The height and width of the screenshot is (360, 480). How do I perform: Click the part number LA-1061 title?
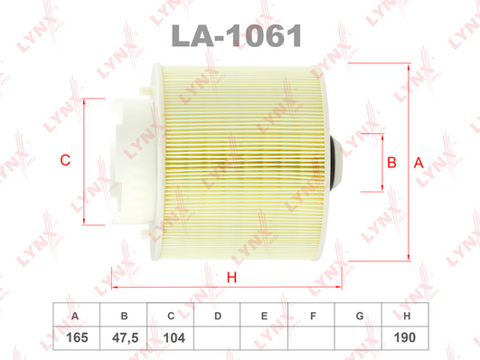point(237,36)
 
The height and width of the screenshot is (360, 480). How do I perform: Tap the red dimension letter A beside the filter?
point(419,163)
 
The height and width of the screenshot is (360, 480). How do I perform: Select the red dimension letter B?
point(391,163)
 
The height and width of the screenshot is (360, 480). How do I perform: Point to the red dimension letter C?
point(65,160)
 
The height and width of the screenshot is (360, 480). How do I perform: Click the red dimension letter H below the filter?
point(231,278)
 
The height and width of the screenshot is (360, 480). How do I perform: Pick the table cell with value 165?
point(77,338)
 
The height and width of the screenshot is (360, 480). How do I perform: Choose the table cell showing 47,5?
point(125,338)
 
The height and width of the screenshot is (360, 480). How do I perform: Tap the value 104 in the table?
point(174,338)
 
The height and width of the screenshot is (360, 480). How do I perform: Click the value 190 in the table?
point(405,337)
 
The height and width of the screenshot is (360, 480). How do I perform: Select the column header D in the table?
point(218,316)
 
